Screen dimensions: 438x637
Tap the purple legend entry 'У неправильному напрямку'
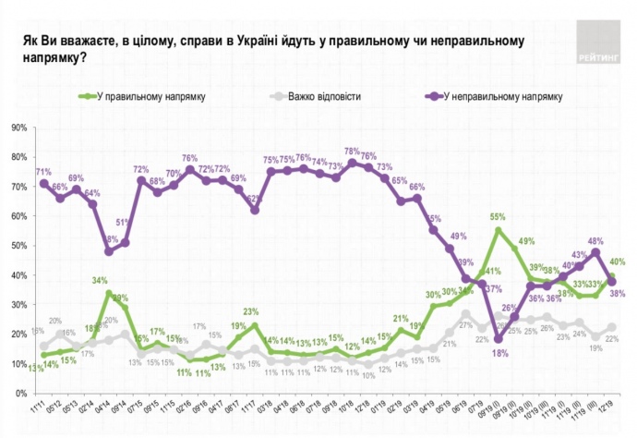coord(498,95)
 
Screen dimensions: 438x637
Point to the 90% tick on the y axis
coord(18,128)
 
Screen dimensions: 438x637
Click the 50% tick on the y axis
coord(18,246)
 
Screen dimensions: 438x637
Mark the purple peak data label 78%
coord(352,152)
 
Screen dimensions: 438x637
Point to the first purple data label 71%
coord(42,172)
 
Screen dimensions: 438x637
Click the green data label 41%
coord(491,271)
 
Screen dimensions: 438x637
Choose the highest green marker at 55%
coord(499,231)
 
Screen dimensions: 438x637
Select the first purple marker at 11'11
coord(42,184)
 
